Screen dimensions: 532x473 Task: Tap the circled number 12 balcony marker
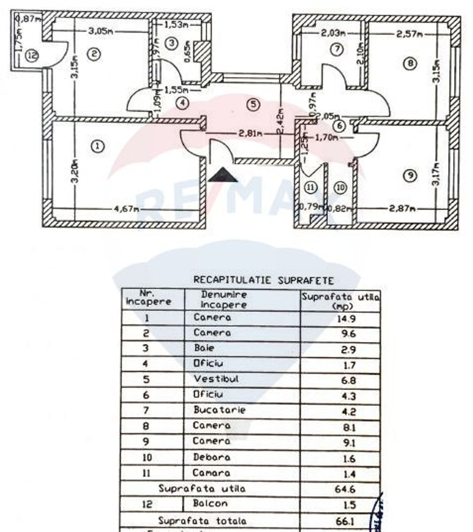(32, 56)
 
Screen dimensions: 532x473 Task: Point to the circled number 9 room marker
(410, 176)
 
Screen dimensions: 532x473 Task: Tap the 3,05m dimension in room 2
(101, 32)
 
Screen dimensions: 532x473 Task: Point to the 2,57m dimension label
(409, 34)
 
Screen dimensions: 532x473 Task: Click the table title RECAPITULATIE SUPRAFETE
(263, 281)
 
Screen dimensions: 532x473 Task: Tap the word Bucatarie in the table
(219, 410)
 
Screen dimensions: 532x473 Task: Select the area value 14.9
(346, 319)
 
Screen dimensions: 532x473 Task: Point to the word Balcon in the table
(210, 503)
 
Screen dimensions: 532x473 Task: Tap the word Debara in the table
(212, 457)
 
